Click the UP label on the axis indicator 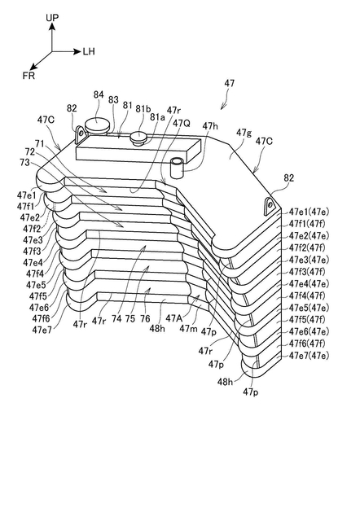52,18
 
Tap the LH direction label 89,51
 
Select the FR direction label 29,76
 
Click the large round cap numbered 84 97,125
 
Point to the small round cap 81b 138,138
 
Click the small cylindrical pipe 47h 178,169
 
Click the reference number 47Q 182,123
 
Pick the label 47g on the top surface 244,133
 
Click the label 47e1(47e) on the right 309,212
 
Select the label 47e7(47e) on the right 309,356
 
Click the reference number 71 40,143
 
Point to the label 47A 173,318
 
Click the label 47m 187,329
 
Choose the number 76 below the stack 145,318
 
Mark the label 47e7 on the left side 42,330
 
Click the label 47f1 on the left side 26,206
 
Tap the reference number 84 99,94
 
